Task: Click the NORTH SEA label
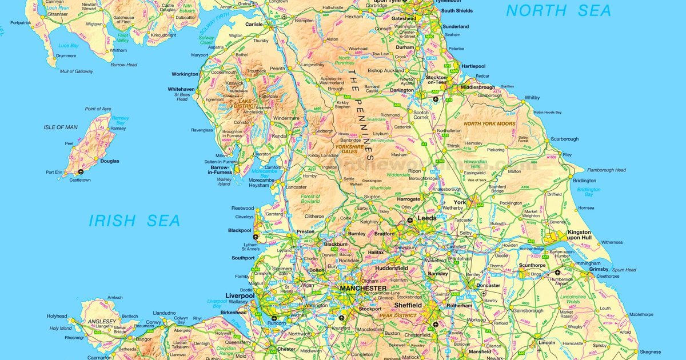click(x=559, y=10)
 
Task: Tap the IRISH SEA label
click(x=134, y=221)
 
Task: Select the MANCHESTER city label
click(x=363, y=289)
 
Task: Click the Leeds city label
click(x=427, y=218)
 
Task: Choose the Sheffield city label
click(x=408, y=305)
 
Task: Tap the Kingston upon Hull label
click(x=579, y=235)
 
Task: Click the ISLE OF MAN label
click(x=61, y=127)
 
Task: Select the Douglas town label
click(x=110, y=161)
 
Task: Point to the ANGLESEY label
click(x=102, y=321)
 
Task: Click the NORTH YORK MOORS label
click(x=489, y=123)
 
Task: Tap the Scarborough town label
click(x=565, y=139)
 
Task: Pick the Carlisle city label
click(x=253, y=25)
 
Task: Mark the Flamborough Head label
click(x=607, y=170)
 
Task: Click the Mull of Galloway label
click(x=77, y=71)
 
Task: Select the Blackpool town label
click(x=240, y=230)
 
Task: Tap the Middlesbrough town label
click(x=477, y=87)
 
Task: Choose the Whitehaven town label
click(x=182, y=89)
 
